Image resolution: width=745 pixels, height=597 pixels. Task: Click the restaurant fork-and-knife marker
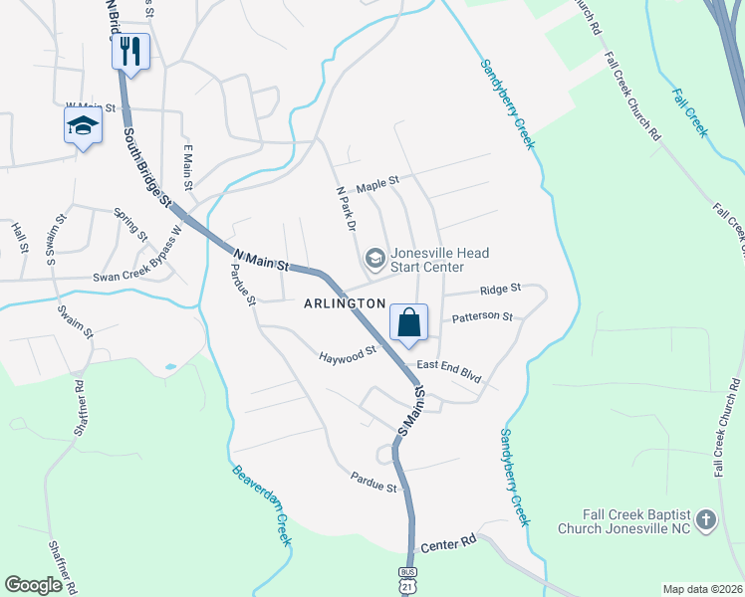(x=130, y=51)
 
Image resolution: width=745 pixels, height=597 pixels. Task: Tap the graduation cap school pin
(x=83, y=126)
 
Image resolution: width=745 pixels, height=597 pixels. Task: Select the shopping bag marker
(x=408, y=323)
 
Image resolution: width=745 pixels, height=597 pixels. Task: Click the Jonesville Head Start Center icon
(x=375, y=260)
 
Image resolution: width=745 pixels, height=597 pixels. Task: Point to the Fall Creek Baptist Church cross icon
(x=705, y=519)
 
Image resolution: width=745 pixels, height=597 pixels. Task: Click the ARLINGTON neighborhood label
(x=344, y=302)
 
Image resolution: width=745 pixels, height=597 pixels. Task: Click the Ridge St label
(x=500, y=289)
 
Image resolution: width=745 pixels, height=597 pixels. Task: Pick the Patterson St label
(x=482, y=317)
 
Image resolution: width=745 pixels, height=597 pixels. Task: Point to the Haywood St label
(x=347, y=353)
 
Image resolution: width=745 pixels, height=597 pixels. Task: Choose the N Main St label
(x=260, y=260)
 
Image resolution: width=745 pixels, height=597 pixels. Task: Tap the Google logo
(x=33, y=585)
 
